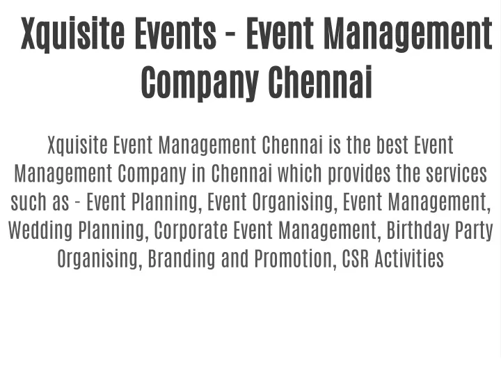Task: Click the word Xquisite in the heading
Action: [x=72, y=34]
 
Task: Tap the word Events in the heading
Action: [x=176, y=33]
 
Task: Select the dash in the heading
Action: [x=231, y=36]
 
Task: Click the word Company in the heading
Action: [x=200, y=82]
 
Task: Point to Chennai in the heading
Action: [x=321, y=81]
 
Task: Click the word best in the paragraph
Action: [x=392, y=146]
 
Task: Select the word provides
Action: [x=360, y=174]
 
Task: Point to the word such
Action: [x=29, y=202]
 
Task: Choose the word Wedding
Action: [x=40, y=231]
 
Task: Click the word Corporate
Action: [x=191, y=231]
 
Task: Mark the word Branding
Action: [x=182, y=259]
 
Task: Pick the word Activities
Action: [x=409, y=258]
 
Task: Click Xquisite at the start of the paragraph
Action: [x=78, y=146]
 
